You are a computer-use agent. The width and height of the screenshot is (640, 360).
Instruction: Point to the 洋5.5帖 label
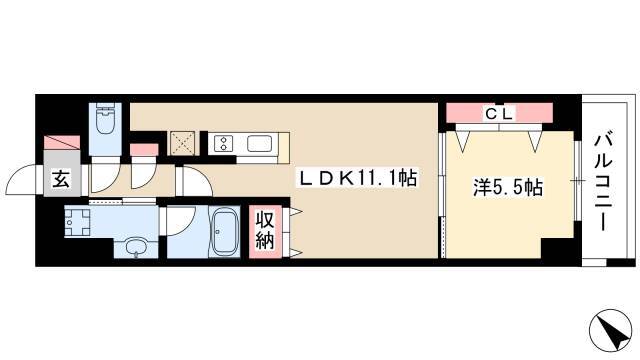click(x=507, y=187)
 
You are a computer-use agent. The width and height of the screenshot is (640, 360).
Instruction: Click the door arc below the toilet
click(x=102, y=180)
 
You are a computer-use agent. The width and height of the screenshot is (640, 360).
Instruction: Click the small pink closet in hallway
click(x=144, y=151)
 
